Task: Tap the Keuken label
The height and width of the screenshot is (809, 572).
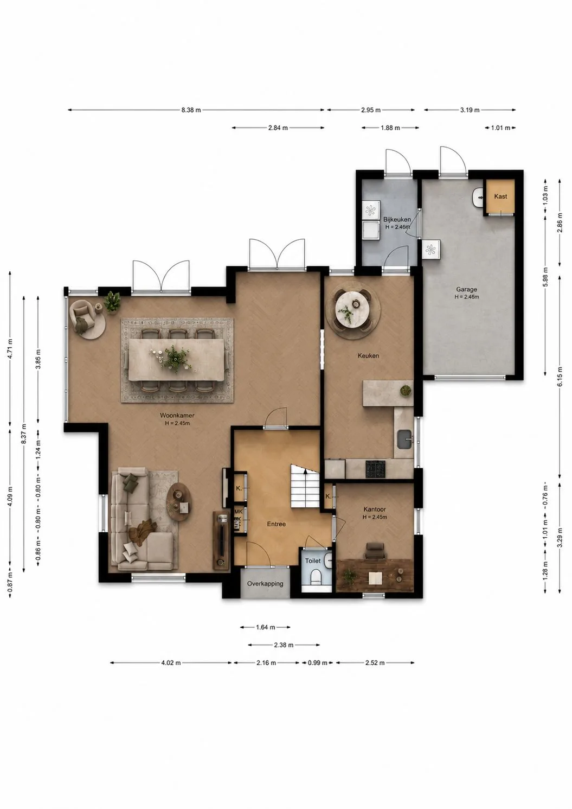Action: click(369, 356)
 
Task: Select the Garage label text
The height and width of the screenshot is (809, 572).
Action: click(467, 289)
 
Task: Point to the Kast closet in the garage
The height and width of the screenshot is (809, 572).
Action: click(500, 197)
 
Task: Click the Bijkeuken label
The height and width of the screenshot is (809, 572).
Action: click(397, 220)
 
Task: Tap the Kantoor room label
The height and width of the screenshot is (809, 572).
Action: click(375, 509)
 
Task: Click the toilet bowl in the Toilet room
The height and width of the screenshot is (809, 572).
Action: click(315, 577)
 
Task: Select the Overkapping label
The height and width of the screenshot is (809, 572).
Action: click(265, 583)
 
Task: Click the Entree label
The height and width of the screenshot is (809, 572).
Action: click(276, 524)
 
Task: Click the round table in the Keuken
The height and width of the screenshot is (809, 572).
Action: click(352, 309)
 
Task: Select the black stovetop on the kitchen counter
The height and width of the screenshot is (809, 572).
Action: click(376, 469)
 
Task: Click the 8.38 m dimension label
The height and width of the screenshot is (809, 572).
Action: click(191, 110)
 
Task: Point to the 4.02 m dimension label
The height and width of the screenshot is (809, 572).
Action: click(171, 663)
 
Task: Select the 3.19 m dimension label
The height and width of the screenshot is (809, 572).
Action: click(470, 110)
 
